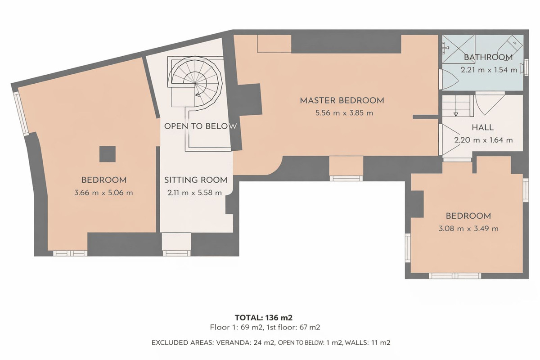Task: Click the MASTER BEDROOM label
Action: (342, 100)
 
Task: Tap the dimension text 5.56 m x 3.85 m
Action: (344, 113)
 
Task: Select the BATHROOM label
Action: (488, 57)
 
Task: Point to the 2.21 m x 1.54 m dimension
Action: (488, 70)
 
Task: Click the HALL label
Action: (483, 127)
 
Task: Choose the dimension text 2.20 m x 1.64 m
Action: (483, 140)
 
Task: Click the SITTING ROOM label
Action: (195, 180)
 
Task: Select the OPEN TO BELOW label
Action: (200, 126)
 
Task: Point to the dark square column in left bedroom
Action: (107, 154)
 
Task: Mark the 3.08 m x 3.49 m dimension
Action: (468, 229)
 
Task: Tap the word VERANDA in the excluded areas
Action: (231, 342)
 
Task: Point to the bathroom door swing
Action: (449, 80)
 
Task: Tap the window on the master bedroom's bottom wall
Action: (346, 178)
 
